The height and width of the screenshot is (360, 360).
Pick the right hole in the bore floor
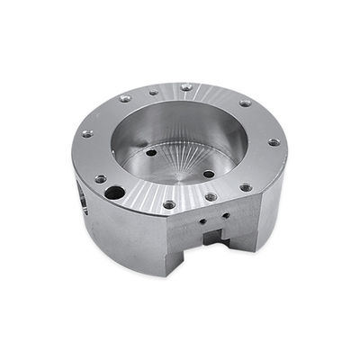click(x=208, y=173)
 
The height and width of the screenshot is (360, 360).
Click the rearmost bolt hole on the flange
click(x=185, y=87)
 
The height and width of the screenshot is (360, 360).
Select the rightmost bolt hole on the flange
click(x=274, y=142)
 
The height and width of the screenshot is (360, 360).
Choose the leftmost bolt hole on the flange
click(x=87, y=133)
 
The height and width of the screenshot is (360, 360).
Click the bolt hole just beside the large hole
click(x=100, y=178)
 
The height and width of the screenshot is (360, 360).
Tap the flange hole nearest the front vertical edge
click(x=168, y=204)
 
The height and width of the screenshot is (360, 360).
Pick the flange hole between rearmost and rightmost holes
click(x=245, y=103)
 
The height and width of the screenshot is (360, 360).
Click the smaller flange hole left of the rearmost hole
click(x=153, y=92)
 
